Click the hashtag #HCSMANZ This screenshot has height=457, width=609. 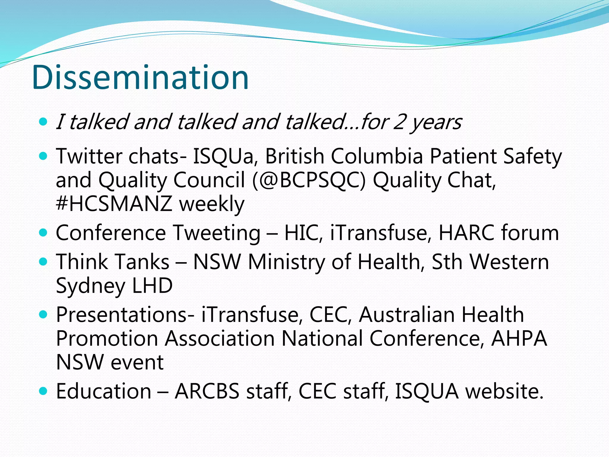pos(114,204)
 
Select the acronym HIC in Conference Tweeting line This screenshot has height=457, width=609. pos(303,233)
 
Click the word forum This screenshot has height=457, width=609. pos(530,233)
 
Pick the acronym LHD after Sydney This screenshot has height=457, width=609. pos(152,286)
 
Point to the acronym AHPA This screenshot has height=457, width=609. pos(519,339)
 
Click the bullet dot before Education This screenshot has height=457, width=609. pos(43,391)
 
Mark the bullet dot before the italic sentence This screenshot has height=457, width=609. pos(43,122)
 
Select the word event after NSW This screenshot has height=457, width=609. pos(137,362)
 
